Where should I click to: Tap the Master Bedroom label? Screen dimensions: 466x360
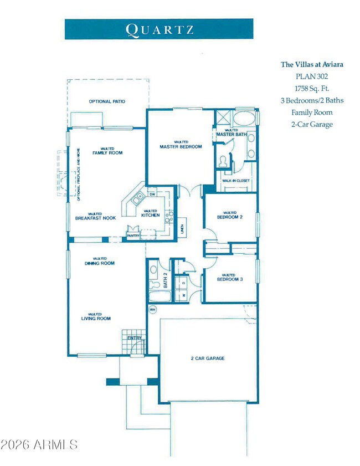pos(180,147)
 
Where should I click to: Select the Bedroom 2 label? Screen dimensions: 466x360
pos(229,217)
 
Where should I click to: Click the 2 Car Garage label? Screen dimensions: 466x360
pos(204,359)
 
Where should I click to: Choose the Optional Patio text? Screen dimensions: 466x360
pos(107,101)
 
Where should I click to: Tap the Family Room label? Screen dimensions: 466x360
pos(107,152)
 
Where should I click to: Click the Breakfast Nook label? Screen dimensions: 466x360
pos(95,218)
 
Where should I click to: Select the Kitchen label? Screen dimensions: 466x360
pos(150,215)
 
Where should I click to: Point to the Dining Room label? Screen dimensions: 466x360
pos(100,263)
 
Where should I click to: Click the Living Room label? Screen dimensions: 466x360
pos(96,318)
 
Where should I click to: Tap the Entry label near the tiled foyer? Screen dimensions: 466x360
pos(135,337)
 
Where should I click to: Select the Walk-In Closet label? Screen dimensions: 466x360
pos(235,181)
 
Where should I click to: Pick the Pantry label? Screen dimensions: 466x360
pos(133,237)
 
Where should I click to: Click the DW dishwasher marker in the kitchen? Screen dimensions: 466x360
pos(152,194)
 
